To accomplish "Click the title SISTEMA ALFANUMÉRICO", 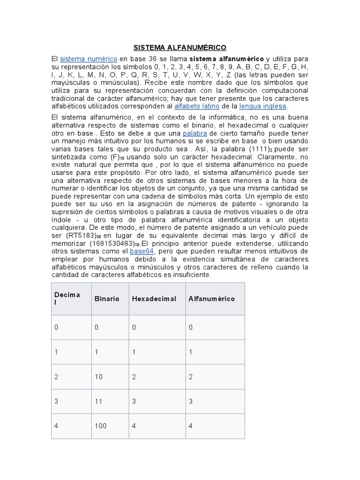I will pos(180,47).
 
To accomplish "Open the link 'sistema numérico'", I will pos(89,59).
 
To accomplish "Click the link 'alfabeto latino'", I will pos(196,106).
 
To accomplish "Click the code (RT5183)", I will pos(79,235).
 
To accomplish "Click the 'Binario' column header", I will pos(107,299).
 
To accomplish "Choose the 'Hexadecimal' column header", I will pos(154,299).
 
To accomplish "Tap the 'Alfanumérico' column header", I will pos(211,299).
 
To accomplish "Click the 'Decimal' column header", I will pos(67,299).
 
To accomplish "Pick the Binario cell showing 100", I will pos(100,426).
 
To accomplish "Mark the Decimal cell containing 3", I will pos(57,401).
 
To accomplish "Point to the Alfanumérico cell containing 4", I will pos(191,426).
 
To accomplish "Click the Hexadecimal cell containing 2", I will pos(135,376).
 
